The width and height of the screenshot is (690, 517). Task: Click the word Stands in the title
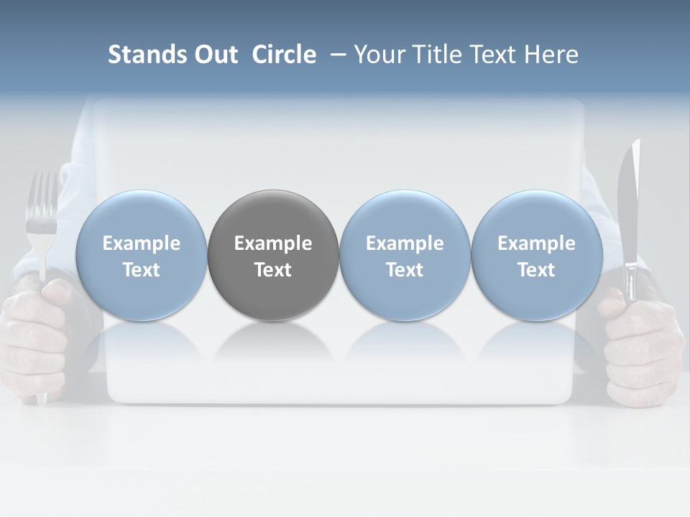[x=146, y=55]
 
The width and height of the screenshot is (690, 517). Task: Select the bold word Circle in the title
[x=284, y=55]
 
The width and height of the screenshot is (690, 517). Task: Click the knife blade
[x=630, y=201]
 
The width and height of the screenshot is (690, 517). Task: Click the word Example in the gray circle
[x=273, y=243]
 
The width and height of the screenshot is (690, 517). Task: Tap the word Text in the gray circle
[x=273, y=270]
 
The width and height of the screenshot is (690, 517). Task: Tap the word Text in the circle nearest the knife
[x=537, y=270]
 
